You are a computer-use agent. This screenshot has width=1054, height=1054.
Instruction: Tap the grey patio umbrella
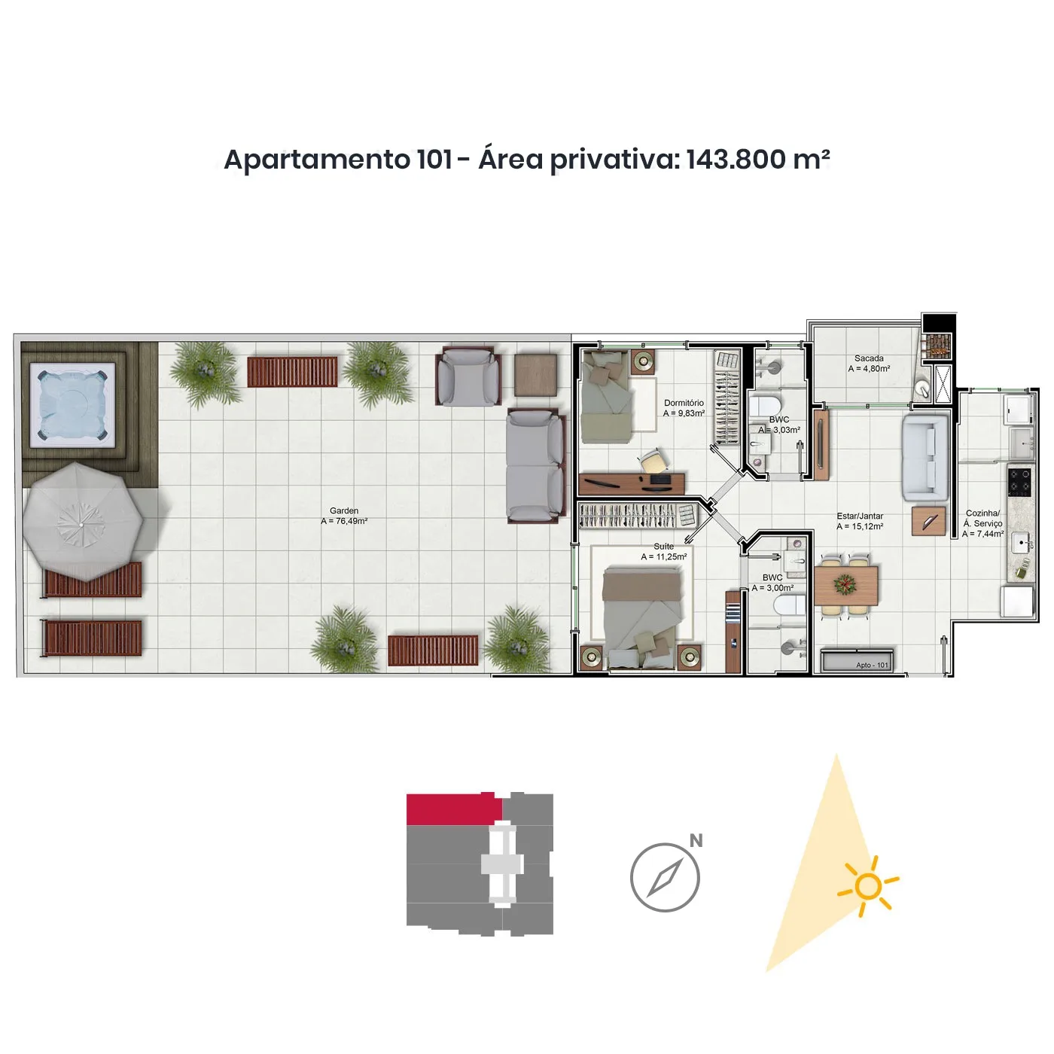coord(81,522)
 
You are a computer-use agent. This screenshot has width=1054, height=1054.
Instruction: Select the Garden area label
coord(344,516)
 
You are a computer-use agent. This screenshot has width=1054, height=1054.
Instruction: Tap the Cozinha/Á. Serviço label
coord(982,523)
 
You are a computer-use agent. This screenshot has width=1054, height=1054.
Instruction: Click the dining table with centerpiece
coord(845,585)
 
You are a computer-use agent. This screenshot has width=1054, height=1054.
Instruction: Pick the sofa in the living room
coord(925,458)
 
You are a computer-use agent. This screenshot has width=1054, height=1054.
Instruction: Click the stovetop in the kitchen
coord(1019,482)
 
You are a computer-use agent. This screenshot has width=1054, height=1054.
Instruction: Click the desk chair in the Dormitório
coord(652,461)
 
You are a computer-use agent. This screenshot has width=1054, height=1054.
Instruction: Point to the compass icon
coord(665,877)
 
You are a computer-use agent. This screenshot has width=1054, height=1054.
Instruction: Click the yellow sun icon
coord(867,887)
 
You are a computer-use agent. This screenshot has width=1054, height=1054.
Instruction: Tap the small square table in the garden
coord(535,374)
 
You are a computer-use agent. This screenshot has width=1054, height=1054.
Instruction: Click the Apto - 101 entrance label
coord(872,665)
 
